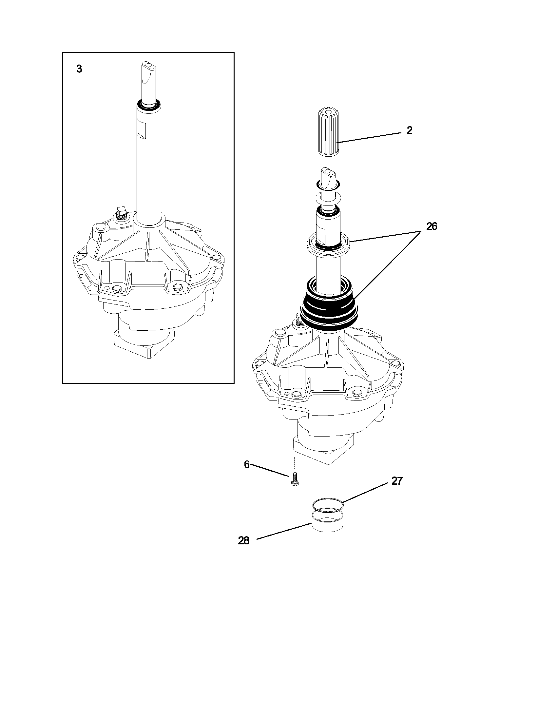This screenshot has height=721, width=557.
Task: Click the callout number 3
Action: click(x=79, y=69)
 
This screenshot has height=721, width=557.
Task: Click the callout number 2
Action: click(x=409, y=131)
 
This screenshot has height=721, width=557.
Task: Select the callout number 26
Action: click(x=432, y=227)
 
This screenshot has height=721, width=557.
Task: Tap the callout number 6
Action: click(x=247, y=464)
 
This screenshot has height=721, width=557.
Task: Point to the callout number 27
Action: click(x=397, y=481)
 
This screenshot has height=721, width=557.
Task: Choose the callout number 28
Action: click(x=244, y=541)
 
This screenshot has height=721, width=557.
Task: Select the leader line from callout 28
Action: click(x=284, y=531)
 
